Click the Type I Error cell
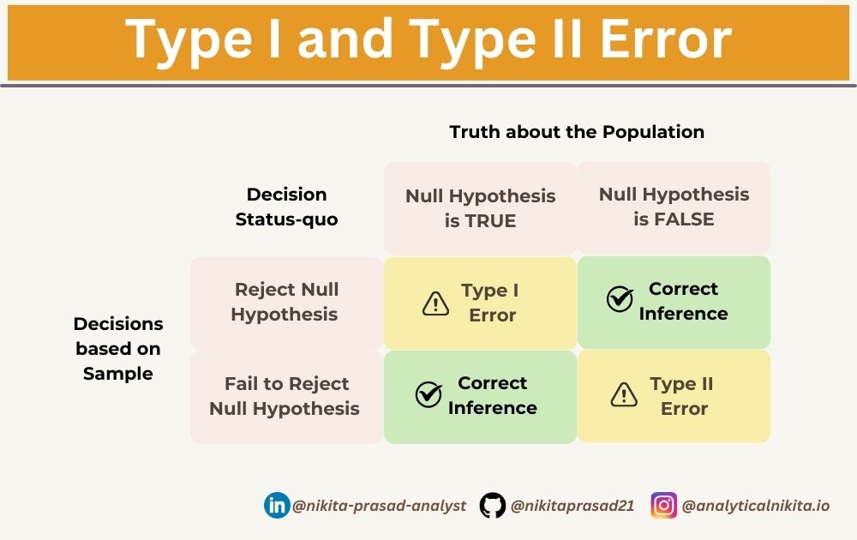click(480, 303)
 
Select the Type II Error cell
click(674, 396)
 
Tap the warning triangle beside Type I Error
click(436, 303)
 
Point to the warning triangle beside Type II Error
click(624, 394)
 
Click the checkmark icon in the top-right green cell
click(620, 299)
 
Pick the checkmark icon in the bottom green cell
click(428, 393)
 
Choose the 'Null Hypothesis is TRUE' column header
click(480, 207)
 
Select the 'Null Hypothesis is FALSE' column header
click(674, 207)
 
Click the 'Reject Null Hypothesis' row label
click(286, 302)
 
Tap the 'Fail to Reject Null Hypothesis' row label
click(285, 396)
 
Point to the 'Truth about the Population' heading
click(577, 132)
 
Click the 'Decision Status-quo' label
click(286, 207)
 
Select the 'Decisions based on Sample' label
click(118, 348)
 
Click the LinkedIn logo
click(277, 505)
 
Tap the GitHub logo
click(493, 505)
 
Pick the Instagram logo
click(663, 505)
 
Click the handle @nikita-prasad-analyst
click(379, 506)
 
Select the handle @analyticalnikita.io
click(755, 506)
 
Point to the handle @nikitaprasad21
click(572, 506)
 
